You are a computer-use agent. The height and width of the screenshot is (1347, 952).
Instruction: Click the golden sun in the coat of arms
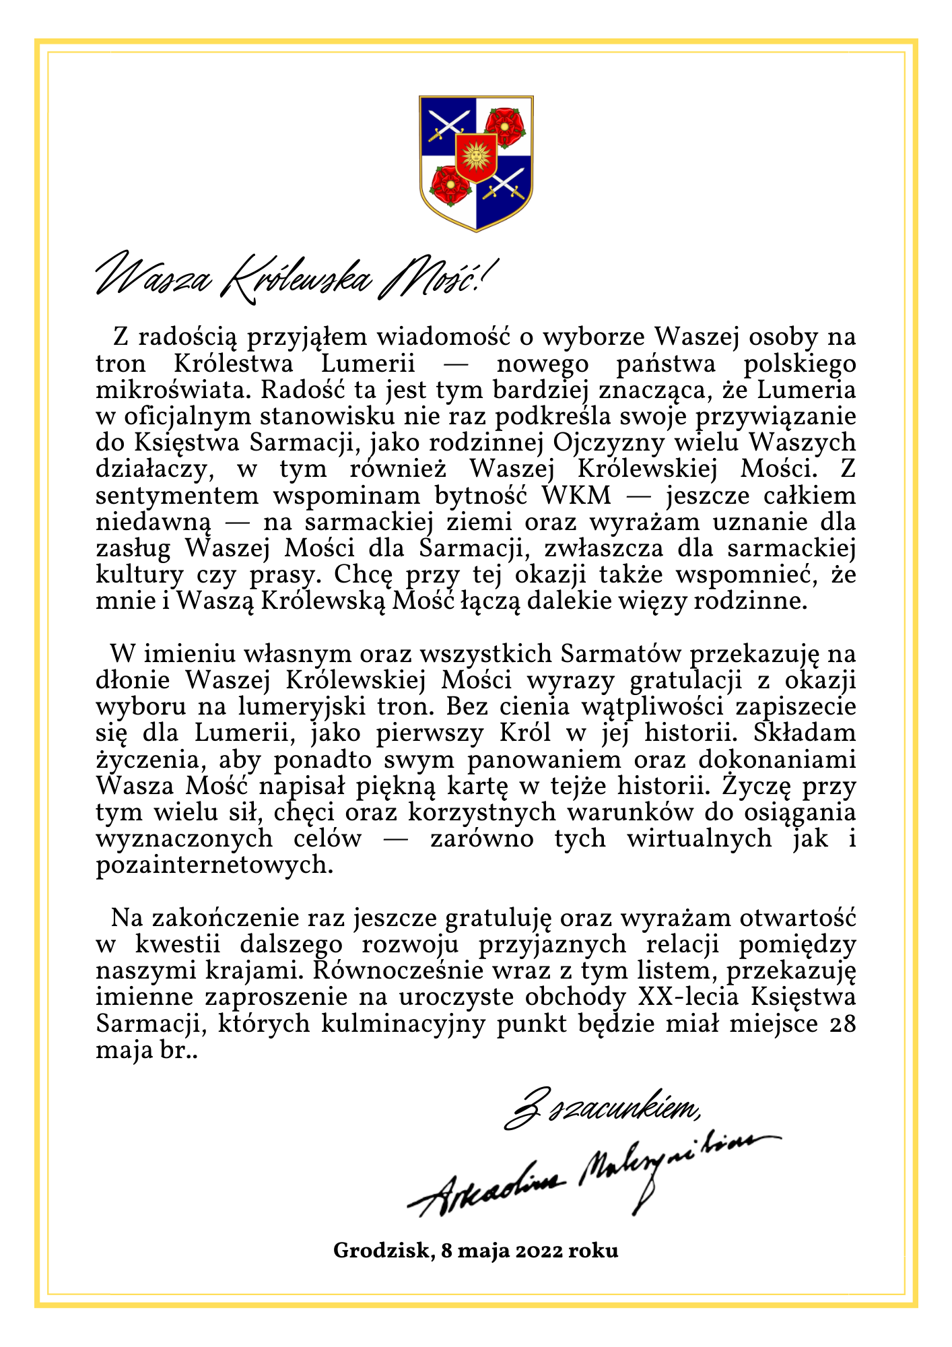476,157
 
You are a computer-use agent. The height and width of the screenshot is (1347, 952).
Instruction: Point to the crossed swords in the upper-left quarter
448,125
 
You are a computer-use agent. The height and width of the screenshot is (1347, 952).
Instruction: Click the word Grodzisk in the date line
382,1251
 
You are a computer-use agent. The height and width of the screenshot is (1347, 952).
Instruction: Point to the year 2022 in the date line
540,1251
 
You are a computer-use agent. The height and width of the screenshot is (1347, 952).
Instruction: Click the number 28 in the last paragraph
841,1024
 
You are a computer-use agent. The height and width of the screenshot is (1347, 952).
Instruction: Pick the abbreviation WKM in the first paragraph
576,496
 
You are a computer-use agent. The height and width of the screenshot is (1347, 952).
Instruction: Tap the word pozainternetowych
215,865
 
